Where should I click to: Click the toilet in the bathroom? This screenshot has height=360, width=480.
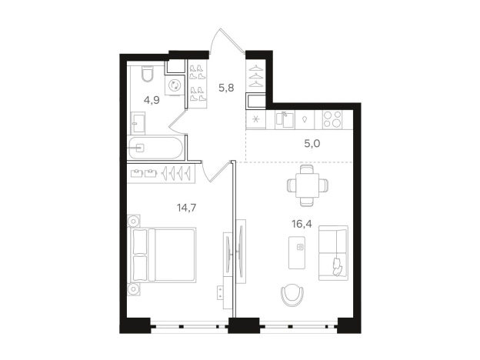tap(148, 74)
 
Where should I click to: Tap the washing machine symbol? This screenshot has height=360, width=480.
tap(175, 85)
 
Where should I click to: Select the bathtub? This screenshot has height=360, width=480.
tap(155, 148)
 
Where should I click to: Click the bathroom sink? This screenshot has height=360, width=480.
tap(138, 122)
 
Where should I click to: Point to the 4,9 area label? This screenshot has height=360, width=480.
tap(152, 100)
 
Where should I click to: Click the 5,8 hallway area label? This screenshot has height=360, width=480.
tap(226, 88)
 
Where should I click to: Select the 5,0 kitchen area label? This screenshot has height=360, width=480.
tap(312, 144)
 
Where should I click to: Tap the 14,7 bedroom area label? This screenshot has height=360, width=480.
tap(186, 208)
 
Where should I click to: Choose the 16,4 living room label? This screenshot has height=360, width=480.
tap(302, 224)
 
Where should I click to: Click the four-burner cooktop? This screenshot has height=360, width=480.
tap(332, 119)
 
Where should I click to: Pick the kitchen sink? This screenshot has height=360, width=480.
tap(285, 120)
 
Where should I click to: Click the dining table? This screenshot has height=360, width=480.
tap(308, 185)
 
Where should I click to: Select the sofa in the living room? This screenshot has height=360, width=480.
tap(333, 253)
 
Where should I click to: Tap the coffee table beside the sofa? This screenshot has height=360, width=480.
tap(297, 252)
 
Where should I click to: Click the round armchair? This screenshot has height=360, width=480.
tap(292, 295)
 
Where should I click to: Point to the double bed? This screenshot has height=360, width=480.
tap(164, 255)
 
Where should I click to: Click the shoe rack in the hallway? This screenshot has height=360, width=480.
tap(197, 84)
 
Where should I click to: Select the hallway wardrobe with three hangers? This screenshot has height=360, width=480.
tap(256, 75)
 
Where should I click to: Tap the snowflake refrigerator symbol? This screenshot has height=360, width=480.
tap(256, 120)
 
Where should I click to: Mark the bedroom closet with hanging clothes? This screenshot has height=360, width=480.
tap(162, 173)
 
